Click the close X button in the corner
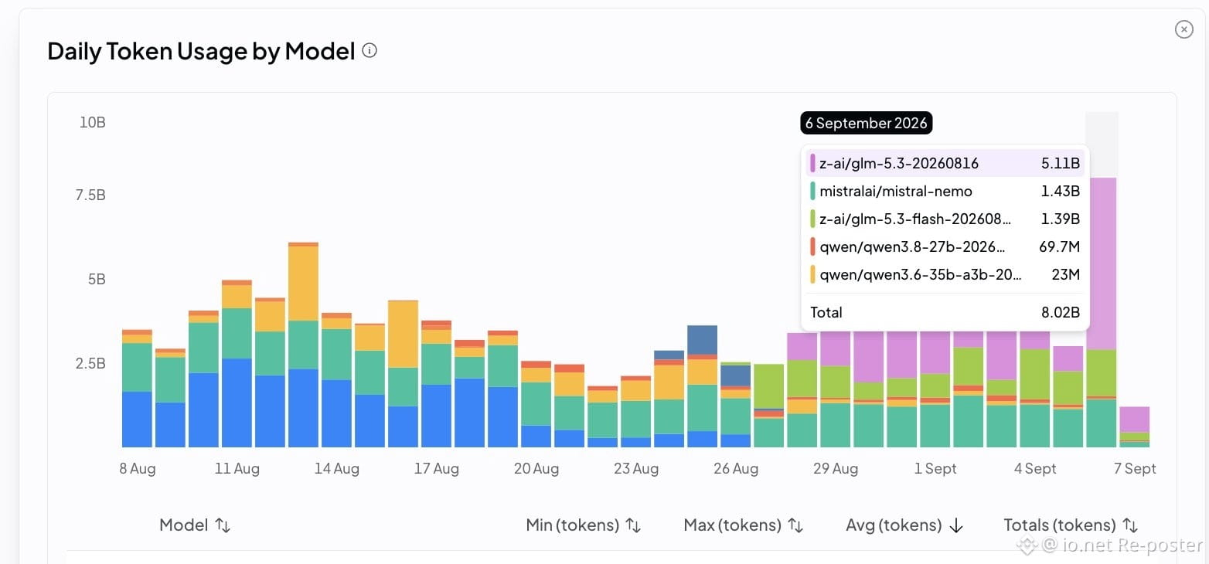click(1183, 29)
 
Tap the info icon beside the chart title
click(370, 51)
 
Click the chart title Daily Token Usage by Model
click(201, 51)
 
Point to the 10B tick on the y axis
click(92, 122)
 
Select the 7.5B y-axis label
click(90, 195)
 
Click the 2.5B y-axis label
click(90, 363)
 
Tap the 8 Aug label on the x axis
click(137, 468)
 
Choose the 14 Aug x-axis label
click(337, 468)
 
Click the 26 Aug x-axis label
click(736, 468)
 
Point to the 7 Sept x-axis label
click(1135, 468)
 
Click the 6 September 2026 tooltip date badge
click(867, 123)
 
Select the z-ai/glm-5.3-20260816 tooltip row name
click(899, 163)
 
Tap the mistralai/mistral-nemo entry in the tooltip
click(895, 192)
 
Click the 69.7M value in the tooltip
click(1059, 247)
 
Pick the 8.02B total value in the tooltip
click(1060, 312)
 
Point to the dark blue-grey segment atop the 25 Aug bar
click(702, 340)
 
